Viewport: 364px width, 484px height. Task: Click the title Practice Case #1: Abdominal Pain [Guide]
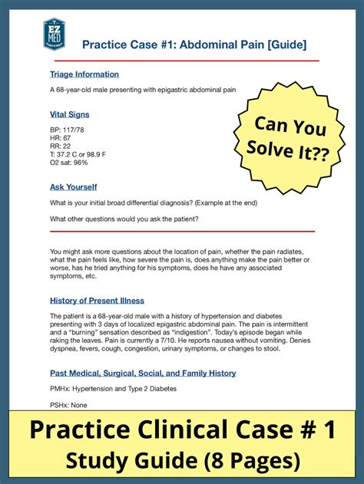tap(194, 44)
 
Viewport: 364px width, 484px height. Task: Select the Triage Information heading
tap(84, 74)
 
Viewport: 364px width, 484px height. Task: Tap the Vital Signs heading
tap(69, 114)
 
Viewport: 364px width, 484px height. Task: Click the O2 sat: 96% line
tap(69, 163)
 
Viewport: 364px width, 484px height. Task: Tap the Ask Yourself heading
tap(74, 187)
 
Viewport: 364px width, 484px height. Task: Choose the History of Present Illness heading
tap(97, 301)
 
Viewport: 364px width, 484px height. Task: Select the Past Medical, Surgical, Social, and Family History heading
tap(143, 374)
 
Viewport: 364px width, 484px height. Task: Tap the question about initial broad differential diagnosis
tap(154, 202)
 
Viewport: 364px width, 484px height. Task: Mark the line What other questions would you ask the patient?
tap(124, 219)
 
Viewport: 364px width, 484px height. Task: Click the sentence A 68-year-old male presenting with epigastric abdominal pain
tap(143, 91)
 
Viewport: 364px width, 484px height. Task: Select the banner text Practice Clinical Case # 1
tap(182, 430)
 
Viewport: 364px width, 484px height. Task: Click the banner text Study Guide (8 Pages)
tap(182, 460)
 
